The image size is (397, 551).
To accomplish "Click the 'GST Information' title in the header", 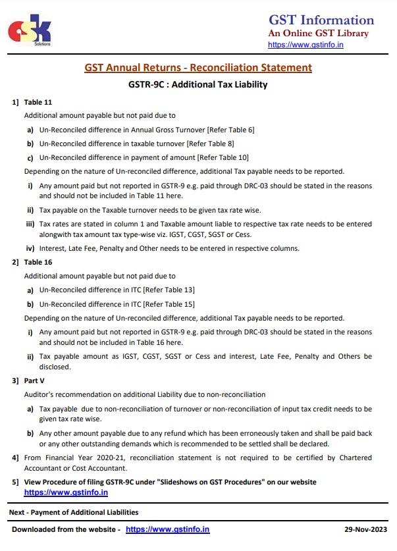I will point(321,20).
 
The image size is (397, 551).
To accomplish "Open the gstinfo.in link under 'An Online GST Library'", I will point(305,45).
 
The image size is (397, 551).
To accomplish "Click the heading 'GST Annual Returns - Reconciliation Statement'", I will point(198,68).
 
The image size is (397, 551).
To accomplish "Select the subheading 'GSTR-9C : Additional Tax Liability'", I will point(198,85).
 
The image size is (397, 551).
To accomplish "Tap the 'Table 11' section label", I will point(38,102).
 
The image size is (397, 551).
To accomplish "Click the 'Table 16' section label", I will point(38,262).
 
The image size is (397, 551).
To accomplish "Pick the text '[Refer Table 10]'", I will point(225,157).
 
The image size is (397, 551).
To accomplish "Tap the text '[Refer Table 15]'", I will point(170,303).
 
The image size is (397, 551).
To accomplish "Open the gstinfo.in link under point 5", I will point(66,492).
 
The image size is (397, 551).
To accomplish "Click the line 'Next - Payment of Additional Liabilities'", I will point(73,512).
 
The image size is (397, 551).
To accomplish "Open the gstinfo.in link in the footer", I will point(167,529).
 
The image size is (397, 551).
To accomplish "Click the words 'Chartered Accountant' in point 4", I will point(344,458).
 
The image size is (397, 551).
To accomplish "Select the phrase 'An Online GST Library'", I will point(318,34).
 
